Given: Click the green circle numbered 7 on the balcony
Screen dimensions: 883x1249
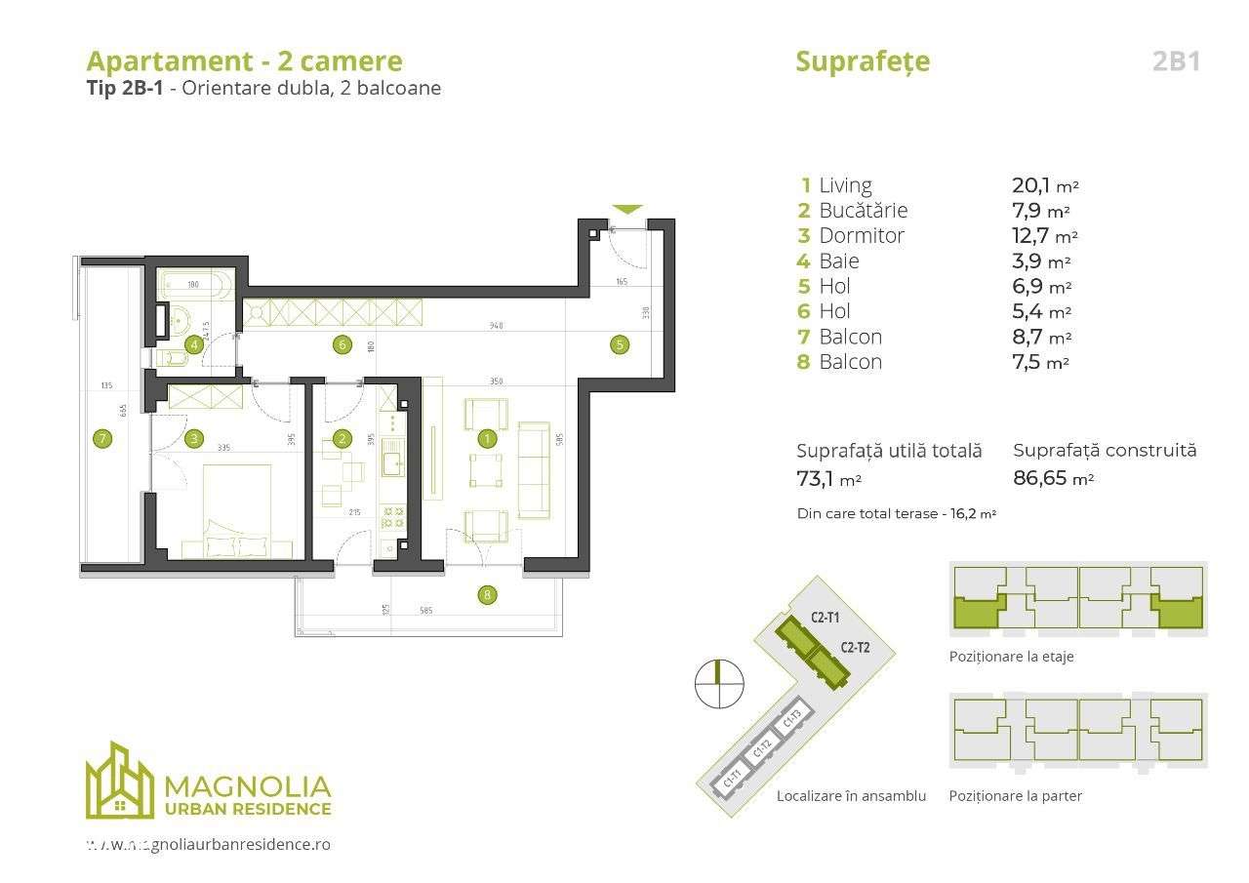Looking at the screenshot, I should coord(101,439).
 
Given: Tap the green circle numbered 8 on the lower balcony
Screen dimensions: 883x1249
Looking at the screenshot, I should coord(486,594).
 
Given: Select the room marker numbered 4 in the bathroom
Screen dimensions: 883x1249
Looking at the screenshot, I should coord(195,343).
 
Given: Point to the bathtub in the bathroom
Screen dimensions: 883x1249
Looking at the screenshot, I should coord(194,286).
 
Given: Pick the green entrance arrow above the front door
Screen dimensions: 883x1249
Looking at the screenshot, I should coord(627,209).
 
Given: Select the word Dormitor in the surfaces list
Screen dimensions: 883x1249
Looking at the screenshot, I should coord(862,236).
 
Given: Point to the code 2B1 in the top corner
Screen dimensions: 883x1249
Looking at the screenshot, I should coord(1176,61).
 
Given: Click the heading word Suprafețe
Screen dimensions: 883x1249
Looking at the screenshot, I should coord(863,61).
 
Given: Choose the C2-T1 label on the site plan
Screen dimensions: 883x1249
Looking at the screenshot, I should coord(826,617).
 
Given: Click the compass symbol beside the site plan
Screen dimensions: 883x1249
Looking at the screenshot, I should coord(718,683).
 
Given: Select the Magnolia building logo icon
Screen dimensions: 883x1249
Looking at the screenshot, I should coord(119,781).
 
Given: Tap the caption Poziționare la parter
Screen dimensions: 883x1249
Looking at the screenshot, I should coord(1015,795).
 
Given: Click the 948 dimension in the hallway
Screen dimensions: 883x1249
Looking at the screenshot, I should coord(497,327).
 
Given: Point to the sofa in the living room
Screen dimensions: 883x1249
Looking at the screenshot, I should coord(534,469).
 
